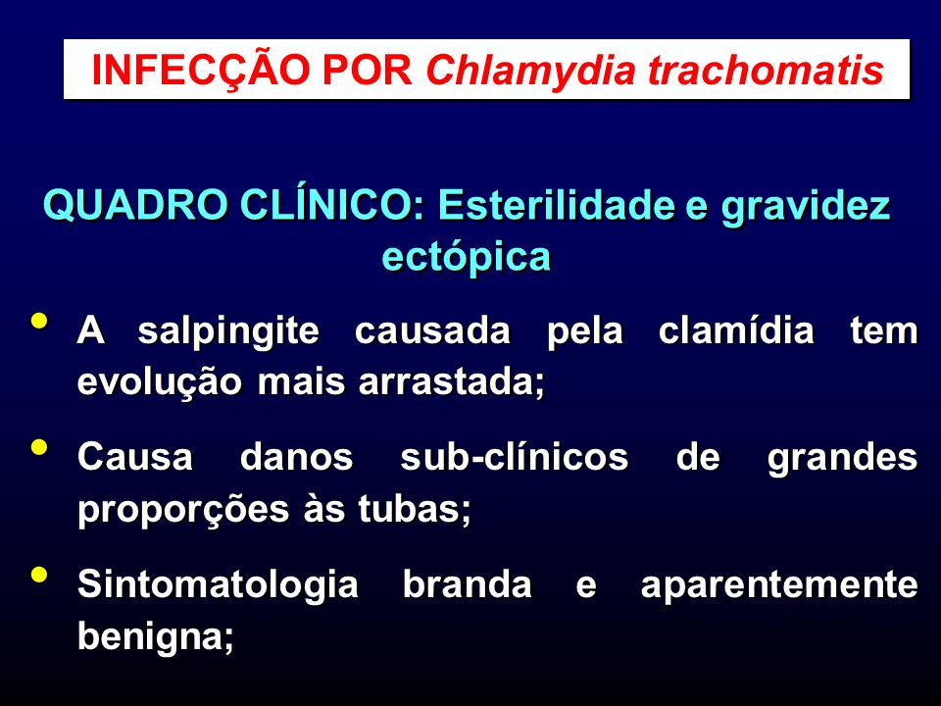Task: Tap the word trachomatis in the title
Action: [766, 70]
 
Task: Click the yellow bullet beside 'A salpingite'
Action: [39, 320]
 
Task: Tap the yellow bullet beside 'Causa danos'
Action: [39, 447]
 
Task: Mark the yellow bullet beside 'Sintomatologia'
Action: [39, 575]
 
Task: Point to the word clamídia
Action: [736, 330]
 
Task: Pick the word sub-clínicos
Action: [515, 458]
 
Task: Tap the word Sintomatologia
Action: [218, 585]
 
